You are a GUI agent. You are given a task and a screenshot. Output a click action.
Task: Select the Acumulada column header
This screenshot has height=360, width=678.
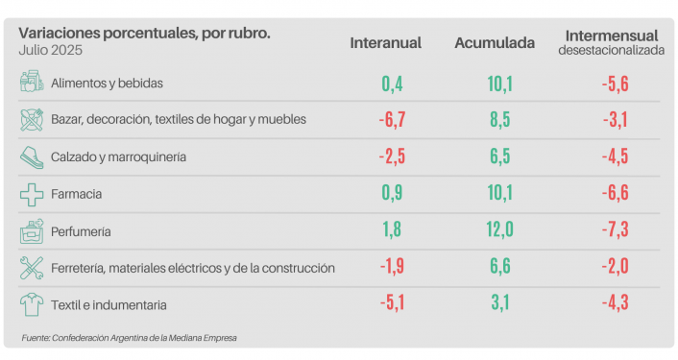pos(495,43)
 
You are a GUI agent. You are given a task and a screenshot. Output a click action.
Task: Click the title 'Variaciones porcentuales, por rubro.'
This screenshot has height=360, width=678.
pos(144,34)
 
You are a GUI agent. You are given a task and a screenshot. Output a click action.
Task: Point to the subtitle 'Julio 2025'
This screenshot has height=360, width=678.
pos(48,50)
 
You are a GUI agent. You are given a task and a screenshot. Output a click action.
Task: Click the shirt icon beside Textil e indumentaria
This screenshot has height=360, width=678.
pos(33,304)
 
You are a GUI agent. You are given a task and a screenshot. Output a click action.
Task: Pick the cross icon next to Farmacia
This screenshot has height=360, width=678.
pos(33,194)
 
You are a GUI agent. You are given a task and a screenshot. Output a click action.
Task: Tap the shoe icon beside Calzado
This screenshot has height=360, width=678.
pos(33,156)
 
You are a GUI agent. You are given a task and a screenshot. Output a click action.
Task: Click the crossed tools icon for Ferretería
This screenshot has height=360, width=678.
pos(33,268)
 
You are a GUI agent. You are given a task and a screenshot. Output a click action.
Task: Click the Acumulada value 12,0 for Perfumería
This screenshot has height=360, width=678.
pos(499,231)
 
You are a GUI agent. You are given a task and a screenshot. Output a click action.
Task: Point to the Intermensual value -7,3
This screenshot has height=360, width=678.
pos(614,231)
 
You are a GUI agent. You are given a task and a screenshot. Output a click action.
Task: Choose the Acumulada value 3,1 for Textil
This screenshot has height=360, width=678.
pos(499,305)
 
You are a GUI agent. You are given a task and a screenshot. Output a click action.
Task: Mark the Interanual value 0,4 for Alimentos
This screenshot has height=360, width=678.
pos(391,84)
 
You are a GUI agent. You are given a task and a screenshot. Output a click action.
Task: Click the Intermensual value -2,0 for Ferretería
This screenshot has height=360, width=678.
pos(614,268)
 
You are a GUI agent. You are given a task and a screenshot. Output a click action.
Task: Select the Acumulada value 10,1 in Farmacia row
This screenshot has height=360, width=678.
pos(499,194)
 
